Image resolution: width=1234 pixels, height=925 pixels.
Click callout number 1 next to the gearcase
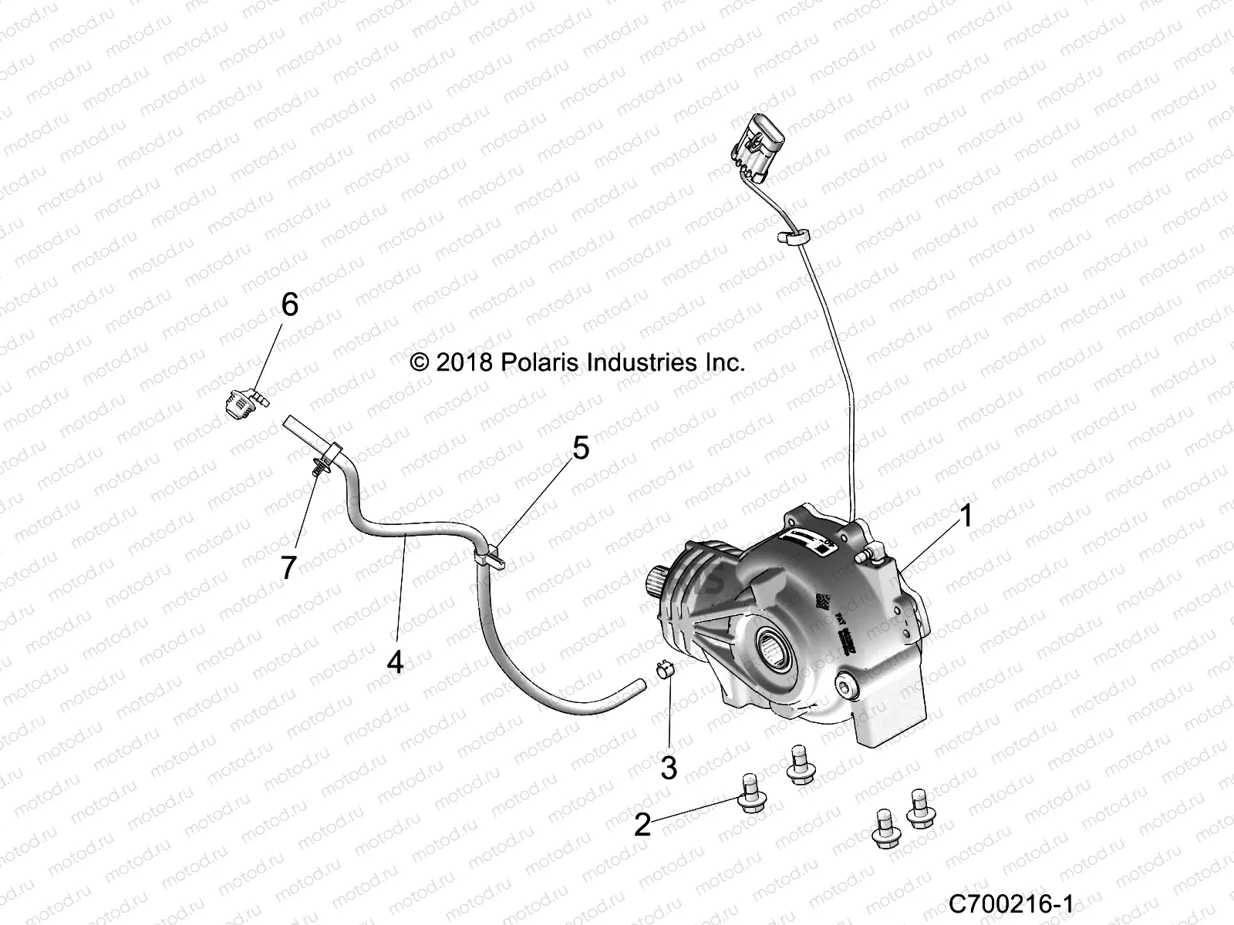click(x=965, y=517)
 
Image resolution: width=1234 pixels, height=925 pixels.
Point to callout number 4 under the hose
click(x=395, y=661)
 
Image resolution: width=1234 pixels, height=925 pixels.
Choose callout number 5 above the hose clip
click(x=580, y=448)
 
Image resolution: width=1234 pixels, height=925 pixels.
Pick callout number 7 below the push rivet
click(x=288, y=568)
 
